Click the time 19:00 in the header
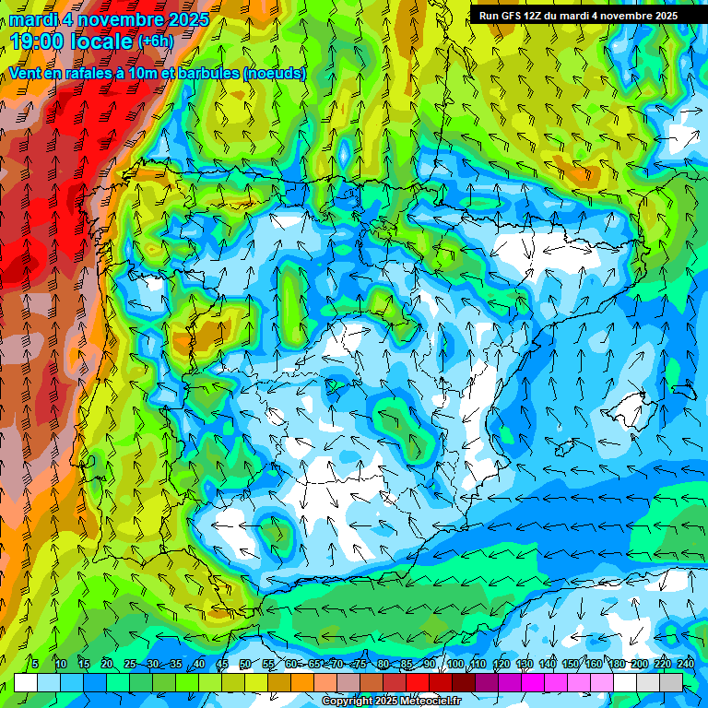click(x=42, y=41)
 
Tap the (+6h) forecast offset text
click(x=155, y=41)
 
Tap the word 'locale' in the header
click(x=106, y=41)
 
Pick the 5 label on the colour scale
click(x=35, y=664)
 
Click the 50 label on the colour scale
click(x=245, y=664)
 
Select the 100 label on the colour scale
click(x=454, y=664)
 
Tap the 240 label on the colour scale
click(x=685, y=664)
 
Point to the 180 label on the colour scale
click(x=616, y=664)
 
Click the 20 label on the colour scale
click(x=107, y=664)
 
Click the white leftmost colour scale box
click(x=26, y=682)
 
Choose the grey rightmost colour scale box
click(x=671, y=682)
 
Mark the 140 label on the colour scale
click(x=547, y=664)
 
